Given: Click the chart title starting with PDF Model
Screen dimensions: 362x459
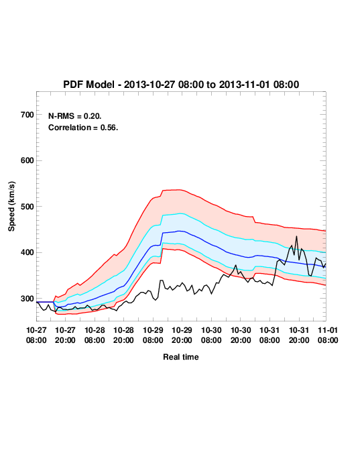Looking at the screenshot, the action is (181, 85).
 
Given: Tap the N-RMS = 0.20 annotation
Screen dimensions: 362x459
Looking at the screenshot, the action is (75, 116).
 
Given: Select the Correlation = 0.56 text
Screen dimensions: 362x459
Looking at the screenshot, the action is (83, 127).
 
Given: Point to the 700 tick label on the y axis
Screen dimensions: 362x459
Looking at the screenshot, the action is (27, 115).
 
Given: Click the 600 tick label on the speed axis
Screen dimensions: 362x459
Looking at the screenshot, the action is (27, 160).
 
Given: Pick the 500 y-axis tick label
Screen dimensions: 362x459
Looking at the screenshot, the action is (27, 207).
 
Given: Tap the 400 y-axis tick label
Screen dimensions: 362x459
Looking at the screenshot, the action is (27, 252).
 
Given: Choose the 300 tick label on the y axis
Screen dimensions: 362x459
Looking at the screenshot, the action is (27, 299).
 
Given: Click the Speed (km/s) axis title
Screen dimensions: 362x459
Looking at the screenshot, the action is (11, 207).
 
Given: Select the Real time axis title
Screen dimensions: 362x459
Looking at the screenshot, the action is (181, 357).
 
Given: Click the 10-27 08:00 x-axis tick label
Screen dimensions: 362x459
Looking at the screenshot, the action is (36, 335).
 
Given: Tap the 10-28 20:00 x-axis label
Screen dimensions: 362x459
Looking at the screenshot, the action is (123, 335).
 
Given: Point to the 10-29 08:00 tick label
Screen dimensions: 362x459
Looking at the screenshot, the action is (153, 335).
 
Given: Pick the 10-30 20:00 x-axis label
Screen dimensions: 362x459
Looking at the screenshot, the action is (241, 335).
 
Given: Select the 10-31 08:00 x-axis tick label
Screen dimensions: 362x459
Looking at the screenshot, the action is (269, 335).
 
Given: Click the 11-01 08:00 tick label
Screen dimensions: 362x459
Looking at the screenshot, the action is (328, 335).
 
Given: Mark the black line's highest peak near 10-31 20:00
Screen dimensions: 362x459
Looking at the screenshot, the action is (296, 236).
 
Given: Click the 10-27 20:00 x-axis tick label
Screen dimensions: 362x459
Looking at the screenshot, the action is (65, 335).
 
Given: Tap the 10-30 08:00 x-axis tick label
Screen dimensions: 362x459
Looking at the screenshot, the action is (211, 335).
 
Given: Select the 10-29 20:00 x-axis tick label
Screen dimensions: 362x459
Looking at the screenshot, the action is (182, 335).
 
